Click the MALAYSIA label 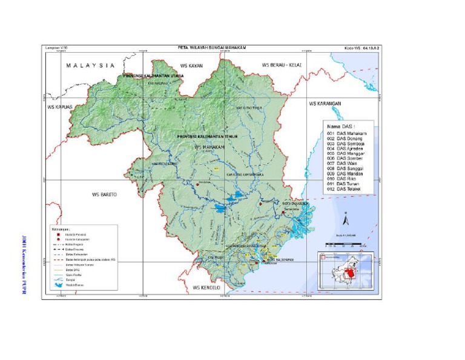click(91, 65)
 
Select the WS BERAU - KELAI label click(282, 64)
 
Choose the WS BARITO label click(104, 195)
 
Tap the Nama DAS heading click(340, 125)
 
